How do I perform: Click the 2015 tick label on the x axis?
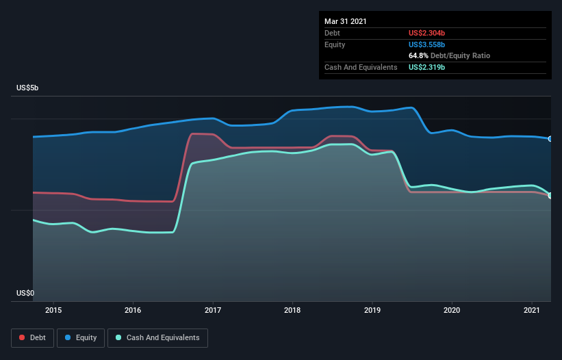53,310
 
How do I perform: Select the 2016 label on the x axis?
133,310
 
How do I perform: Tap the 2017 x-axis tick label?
213,310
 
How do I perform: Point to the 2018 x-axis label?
292,310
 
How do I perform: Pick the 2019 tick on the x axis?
372,310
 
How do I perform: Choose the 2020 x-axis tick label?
452,310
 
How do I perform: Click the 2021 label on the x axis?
531,310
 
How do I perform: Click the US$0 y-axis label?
26,294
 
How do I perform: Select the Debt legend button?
31,337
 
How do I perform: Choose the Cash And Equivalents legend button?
157,337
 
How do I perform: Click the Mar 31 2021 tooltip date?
346,21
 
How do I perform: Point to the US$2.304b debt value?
431,33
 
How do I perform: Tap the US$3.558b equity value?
431,44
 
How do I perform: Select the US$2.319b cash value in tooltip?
431,67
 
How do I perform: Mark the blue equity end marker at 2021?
550,139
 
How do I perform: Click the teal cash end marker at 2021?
550,196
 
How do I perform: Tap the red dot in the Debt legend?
23,337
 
